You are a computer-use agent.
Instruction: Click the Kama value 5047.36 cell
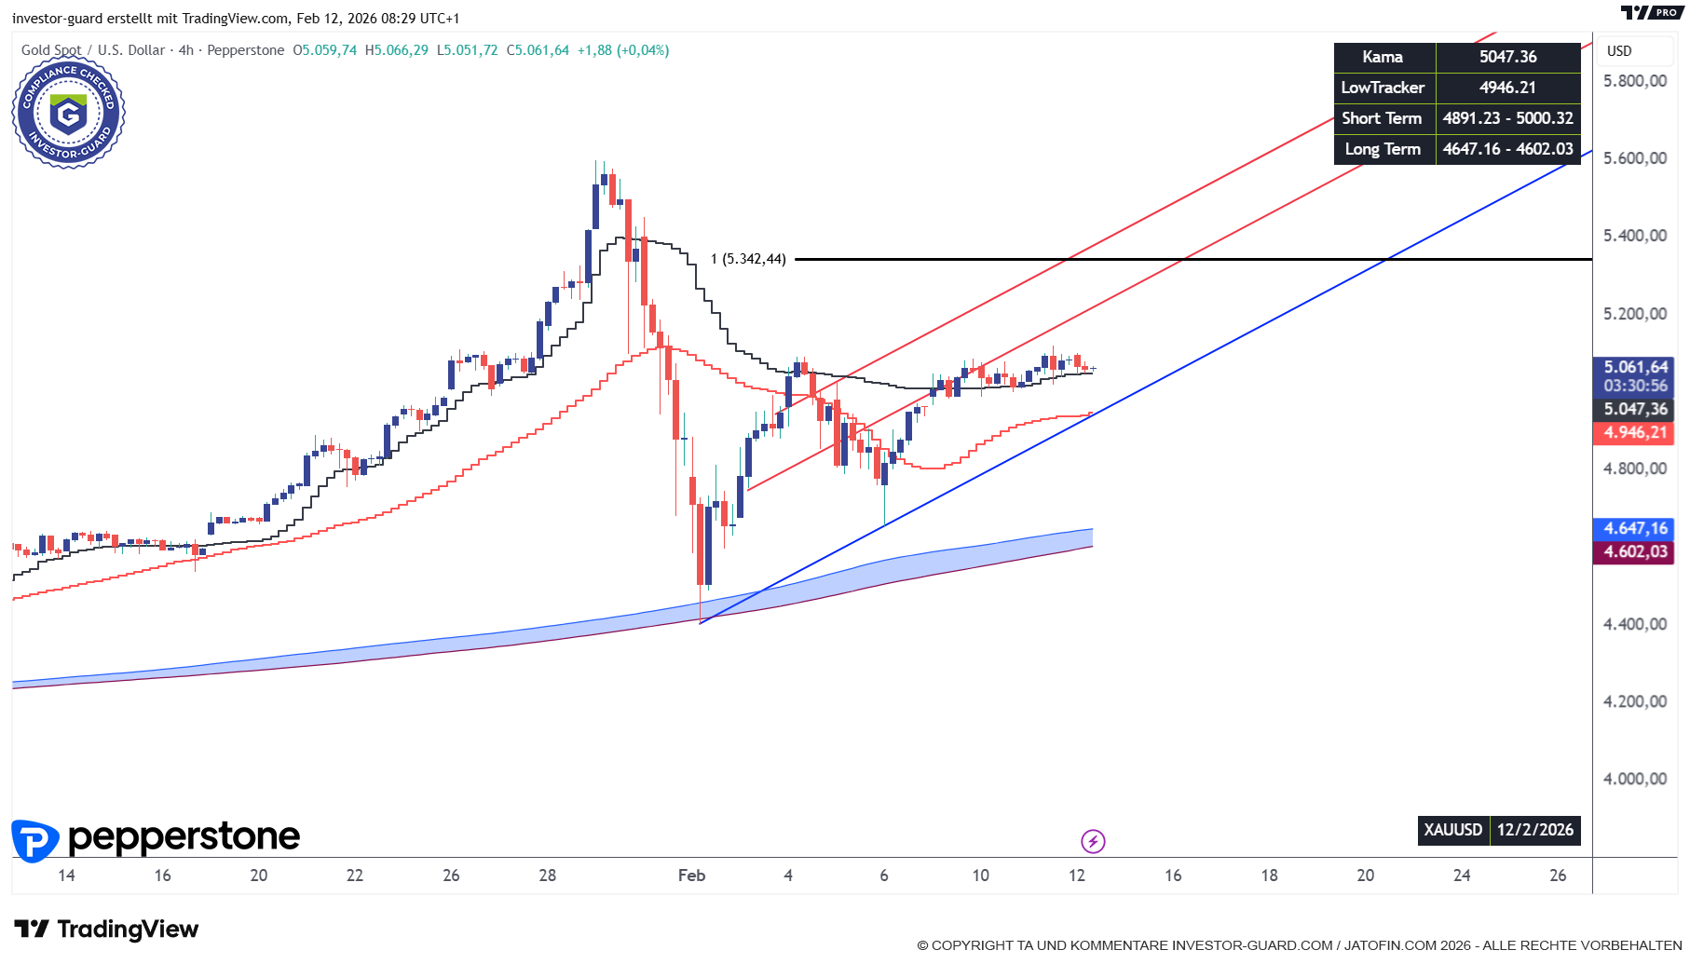coord(1507,57)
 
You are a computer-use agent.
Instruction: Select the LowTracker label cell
coord(1383,88)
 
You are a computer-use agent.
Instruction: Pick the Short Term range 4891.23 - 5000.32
coord(1507,118)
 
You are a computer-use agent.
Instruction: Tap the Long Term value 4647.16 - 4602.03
coord(1507,149)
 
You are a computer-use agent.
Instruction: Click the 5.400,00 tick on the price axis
coord(1634,236)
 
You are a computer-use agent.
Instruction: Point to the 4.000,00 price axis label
coord(1634,779)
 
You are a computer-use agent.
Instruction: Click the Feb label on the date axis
coord(691,876)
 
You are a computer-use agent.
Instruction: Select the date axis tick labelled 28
coord(548,876)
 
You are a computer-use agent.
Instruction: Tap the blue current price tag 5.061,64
coord(1635,367)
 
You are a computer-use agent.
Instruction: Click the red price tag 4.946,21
coord(1635,432)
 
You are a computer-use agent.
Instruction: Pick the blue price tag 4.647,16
coord(1635,528)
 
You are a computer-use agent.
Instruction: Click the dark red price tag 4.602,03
coord(1635,551)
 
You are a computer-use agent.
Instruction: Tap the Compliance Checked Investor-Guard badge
coord(68,113)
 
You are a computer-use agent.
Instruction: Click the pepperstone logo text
coord(184,837)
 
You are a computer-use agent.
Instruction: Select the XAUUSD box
coord(1452,830)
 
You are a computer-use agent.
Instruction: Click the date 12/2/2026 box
coord(1534,830)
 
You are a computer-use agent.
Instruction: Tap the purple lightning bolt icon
coord(1093,842)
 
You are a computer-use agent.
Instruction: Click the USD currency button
coord(1619,51)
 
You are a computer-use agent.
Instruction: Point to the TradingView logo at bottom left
coord(106,929)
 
